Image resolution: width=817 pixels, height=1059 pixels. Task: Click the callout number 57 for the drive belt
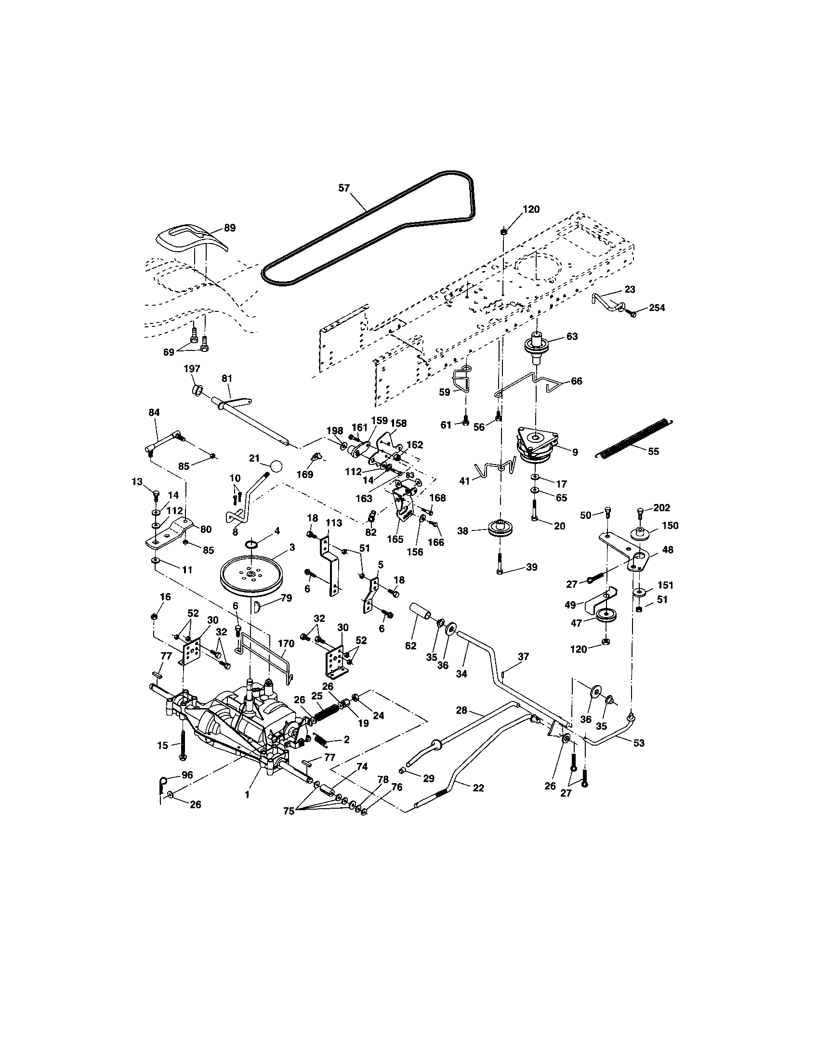(344, 188)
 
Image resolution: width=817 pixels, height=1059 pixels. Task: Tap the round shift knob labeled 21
(276, 467)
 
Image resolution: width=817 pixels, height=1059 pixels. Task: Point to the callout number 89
(229, 227)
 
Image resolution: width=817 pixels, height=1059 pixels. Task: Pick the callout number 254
(657, 308)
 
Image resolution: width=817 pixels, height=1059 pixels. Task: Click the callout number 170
(286, 644)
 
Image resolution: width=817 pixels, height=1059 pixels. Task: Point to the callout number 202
(662, 508)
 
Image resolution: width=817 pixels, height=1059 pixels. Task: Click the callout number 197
(192, 369)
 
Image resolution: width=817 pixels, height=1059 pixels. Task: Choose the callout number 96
(187, 775)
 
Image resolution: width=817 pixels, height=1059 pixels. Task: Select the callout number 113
(334, 523)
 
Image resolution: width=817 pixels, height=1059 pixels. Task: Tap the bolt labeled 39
(500, 564)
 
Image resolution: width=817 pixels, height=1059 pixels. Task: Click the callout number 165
(395, 539)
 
